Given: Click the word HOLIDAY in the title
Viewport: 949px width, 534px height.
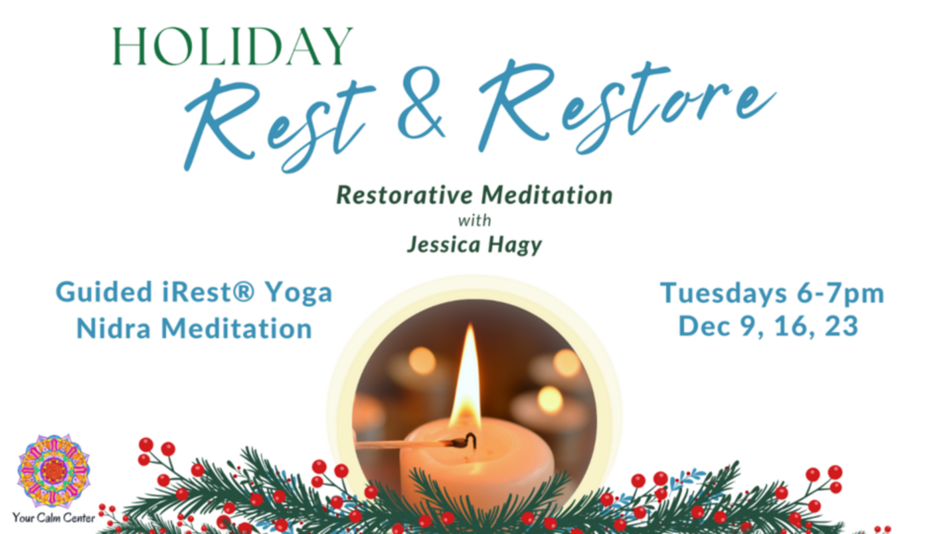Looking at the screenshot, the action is coord(233,46).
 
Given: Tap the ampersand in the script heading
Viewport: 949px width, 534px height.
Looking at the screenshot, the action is coord(422,104).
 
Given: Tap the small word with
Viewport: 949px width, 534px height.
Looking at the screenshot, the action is coord(474,221).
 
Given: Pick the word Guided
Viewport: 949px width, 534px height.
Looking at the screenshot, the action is coord(104,293).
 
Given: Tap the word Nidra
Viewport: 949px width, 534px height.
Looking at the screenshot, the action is coord(114,328).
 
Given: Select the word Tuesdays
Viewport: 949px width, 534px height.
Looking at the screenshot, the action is coord(724,294).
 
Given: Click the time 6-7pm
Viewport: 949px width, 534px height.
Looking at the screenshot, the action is coord(840,294).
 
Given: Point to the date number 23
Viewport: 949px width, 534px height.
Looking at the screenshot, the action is coord(841,326).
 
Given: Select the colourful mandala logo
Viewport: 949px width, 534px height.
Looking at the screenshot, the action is coord(53,471).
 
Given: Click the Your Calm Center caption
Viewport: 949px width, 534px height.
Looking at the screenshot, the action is coord(53,518).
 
